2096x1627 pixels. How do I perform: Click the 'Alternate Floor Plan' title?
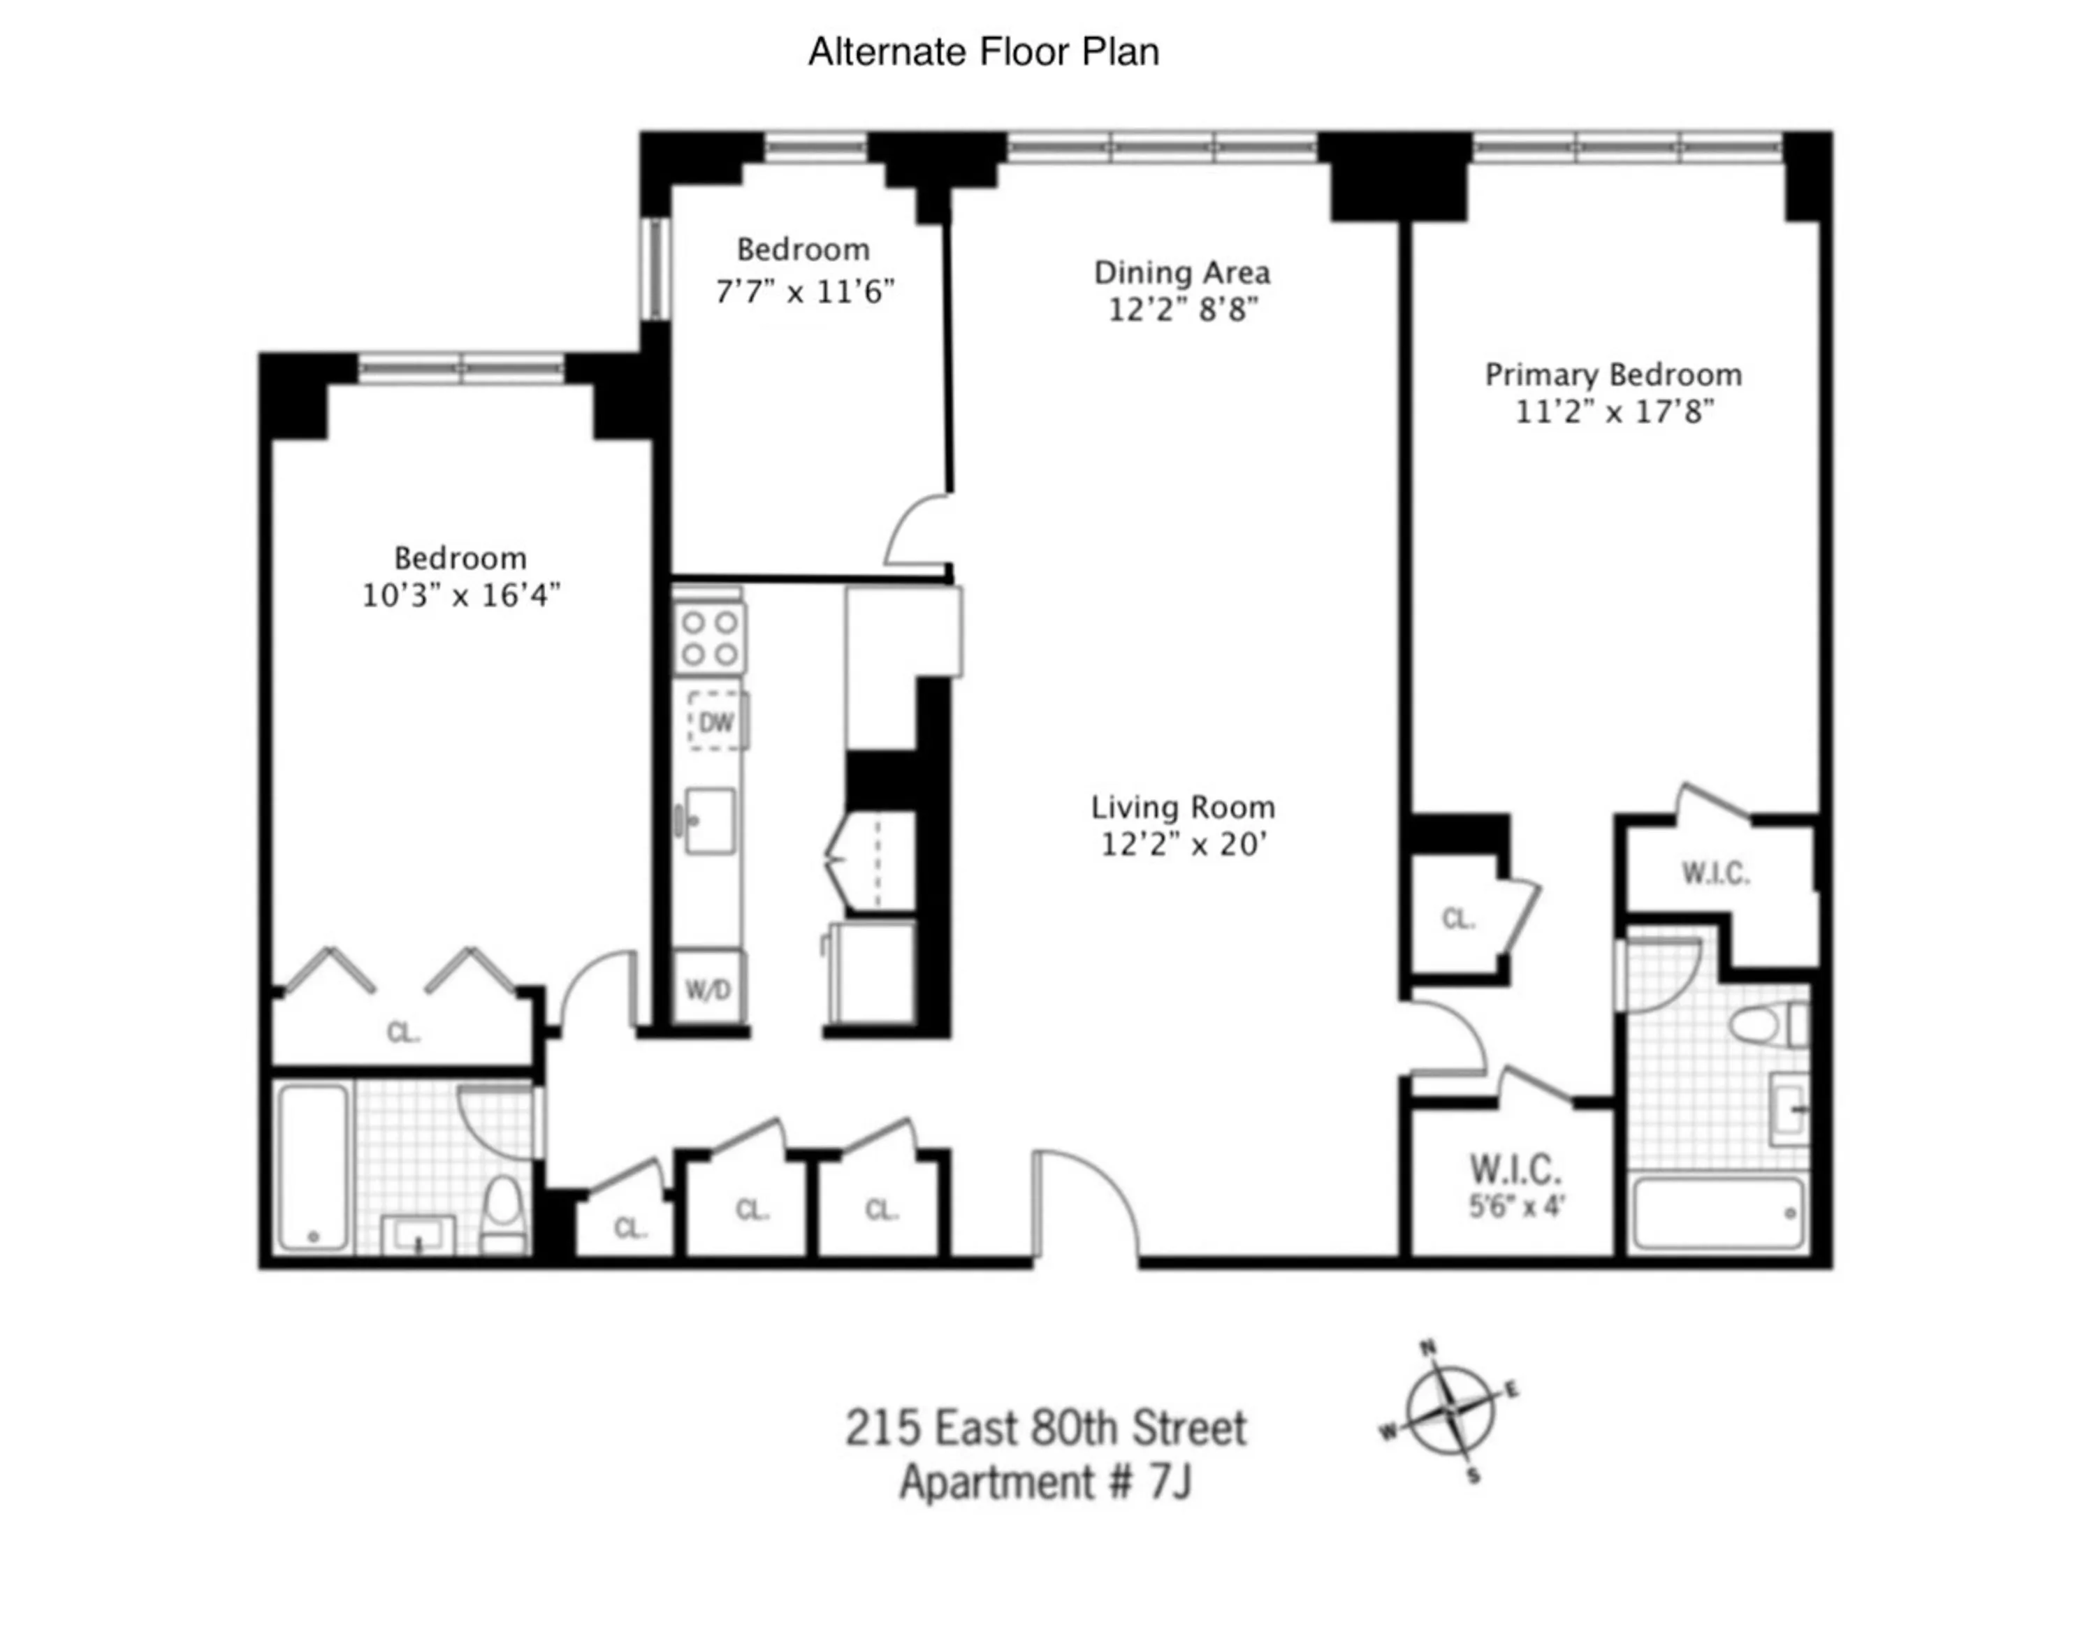983,52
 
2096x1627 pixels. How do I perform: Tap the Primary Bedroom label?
1613,374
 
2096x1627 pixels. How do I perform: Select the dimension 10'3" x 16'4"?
460,596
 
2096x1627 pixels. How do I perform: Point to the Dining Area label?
1181,273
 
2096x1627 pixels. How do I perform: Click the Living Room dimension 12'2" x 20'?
1184,844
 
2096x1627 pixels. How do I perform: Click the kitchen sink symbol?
708,820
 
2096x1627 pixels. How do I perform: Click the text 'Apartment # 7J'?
1045,1482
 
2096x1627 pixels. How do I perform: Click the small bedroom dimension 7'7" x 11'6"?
804,291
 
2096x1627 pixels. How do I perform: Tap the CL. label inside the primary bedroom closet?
1458,919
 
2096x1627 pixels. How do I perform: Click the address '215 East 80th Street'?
1045,1427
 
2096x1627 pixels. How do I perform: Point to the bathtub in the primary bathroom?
1717,1213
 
